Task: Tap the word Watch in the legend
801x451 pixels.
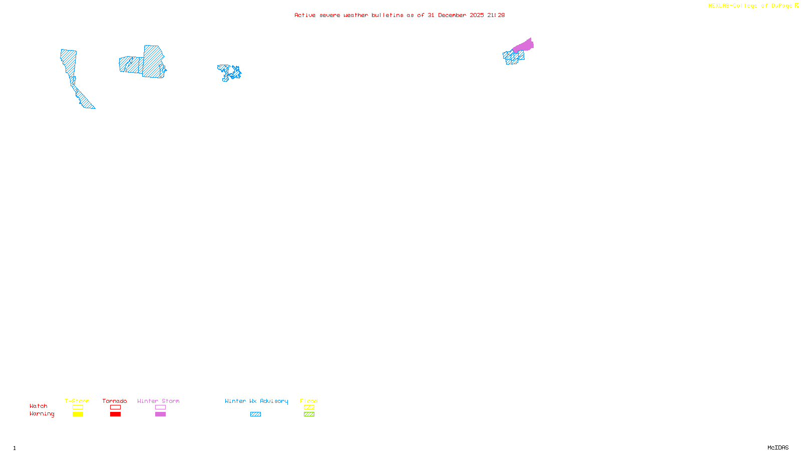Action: point(39,406)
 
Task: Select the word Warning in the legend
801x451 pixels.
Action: point(42,414)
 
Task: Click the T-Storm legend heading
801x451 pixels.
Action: point(77,401)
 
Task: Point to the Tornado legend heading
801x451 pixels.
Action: point(115,401)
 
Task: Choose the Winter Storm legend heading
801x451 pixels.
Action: point(158,401)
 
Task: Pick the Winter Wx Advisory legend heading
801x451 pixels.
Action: point(256,401)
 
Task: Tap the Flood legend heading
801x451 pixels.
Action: point(309,401)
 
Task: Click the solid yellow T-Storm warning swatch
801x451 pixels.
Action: point(78,414)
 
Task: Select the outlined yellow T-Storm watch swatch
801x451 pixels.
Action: point(78,407)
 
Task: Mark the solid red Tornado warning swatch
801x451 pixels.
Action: point(115,414)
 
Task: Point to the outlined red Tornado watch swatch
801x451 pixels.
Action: point(115,407)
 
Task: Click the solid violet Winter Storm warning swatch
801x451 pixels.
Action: point(160,414)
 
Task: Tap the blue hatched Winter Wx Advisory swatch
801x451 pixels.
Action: point(255,414)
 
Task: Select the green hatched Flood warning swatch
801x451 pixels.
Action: point(309,414)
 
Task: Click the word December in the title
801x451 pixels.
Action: point(452,15)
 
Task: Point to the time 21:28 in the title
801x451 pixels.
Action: point(496,15)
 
